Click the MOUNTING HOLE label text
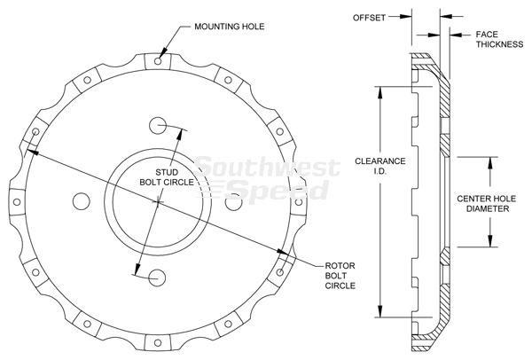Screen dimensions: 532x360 (x=230, y=27)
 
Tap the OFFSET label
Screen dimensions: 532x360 (x=369, y=18)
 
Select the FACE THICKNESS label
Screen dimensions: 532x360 (x=499, y=39)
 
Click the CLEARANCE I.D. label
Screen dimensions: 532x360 (x=380, y=166)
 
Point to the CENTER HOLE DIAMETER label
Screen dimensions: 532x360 (x=487, y=204)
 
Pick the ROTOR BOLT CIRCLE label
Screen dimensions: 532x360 (x=340, y=276)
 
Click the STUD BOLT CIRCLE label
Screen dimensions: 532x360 (x=167, y=177)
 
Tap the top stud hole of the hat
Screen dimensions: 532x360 (x=158, y=126)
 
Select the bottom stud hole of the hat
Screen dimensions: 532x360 (x=157, y=278)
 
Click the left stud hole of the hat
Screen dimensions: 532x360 (x=82, y=201)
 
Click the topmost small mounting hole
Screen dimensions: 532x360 (x=158, y=61)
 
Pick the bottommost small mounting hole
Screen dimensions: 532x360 (x=158, y=342)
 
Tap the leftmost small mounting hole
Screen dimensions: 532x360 (x=17, y=202)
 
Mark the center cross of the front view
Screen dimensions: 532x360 (x=158, y=202)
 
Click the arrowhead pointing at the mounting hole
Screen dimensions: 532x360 (x=163, y=52)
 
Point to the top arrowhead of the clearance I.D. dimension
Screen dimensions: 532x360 (x=380, y=92)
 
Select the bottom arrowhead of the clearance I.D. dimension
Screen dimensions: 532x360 (x=380, y=311)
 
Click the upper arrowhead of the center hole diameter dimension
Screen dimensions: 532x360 (x=490, y=163)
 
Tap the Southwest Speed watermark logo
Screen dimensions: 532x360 (x=267, y=179)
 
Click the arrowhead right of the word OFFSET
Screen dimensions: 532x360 (x=406, y=16)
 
